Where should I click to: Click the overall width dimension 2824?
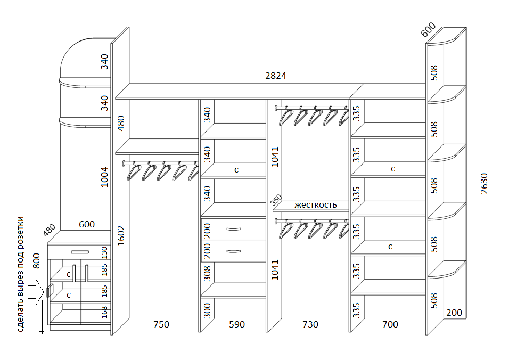(x=276, y=76)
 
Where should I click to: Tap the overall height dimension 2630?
(x=484, y=183)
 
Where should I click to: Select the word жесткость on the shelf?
(x=315, y=204)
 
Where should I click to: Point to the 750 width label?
(x=161, y=324)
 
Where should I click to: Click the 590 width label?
(x=237, y=324)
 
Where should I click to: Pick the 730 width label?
(x=310, y=324)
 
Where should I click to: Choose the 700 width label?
(x=390, y=324)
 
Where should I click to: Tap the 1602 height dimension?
(x=121, y=235)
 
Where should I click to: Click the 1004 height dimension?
(x=105, y=177)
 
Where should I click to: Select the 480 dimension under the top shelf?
(x=121, y=123)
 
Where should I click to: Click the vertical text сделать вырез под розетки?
(x=20, y=274)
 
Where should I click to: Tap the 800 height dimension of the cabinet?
(x=36, y=260)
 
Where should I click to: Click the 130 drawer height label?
(x=105, y=252)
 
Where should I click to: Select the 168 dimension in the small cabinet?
(x=105, y=312)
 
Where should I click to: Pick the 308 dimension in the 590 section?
(x=207, y=273)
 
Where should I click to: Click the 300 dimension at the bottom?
(x=207, y=311)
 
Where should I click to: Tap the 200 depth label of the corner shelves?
(x=454, y=313)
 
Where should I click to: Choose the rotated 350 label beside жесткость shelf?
(x=276, y=200)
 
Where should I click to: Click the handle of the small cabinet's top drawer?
(x=80, y=252)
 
